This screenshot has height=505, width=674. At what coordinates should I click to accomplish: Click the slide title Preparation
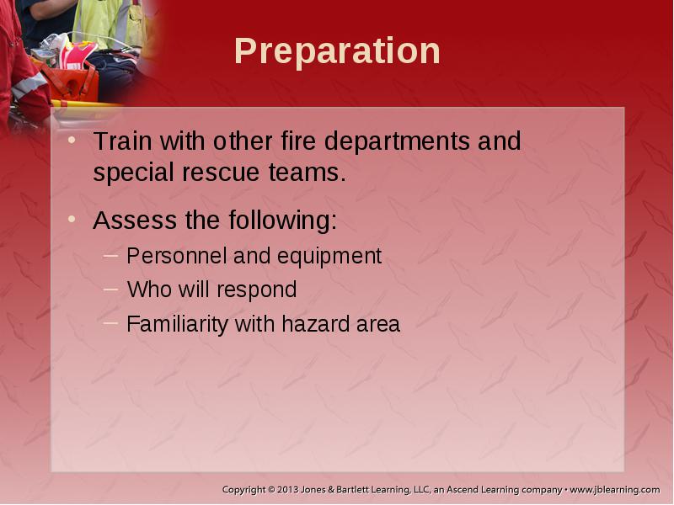tap(338, 51)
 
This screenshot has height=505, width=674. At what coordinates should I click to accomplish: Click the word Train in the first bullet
tap(122, 141)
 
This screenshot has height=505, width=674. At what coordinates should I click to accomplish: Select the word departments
tap(397, 142)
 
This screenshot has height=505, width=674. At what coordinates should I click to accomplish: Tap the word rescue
tap(221, 173)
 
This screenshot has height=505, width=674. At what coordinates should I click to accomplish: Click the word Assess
tap(135, 220)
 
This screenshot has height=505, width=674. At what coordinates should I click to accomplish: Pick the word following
tap(283, 221)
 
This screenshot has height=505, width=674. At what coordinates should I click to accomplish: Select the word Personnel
tap(177, 256)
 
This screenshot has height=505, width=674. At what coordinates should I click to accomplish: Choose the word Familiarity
tap(177, 325)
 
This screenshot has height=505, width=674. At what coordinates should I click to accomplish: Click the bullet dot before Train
tap(72, 140)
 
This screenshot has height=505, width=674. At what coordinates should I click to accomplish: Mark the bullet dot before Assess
tap(72, 219)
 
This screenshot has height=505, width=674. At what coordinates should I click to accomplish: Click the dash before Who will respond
tap(110, 289)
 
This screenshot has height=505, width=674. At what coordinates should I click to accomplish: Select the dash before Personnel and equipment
tap(110, 256)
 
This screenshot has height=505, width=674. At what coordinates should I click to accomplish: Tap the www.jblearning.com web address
tap(615, 490)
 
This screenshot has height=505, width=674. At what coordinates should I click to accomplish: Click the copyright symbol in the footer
tap(271, 490)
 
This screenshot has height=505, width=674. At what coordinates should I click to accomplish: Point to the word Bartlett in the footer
tap(351, 490)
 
